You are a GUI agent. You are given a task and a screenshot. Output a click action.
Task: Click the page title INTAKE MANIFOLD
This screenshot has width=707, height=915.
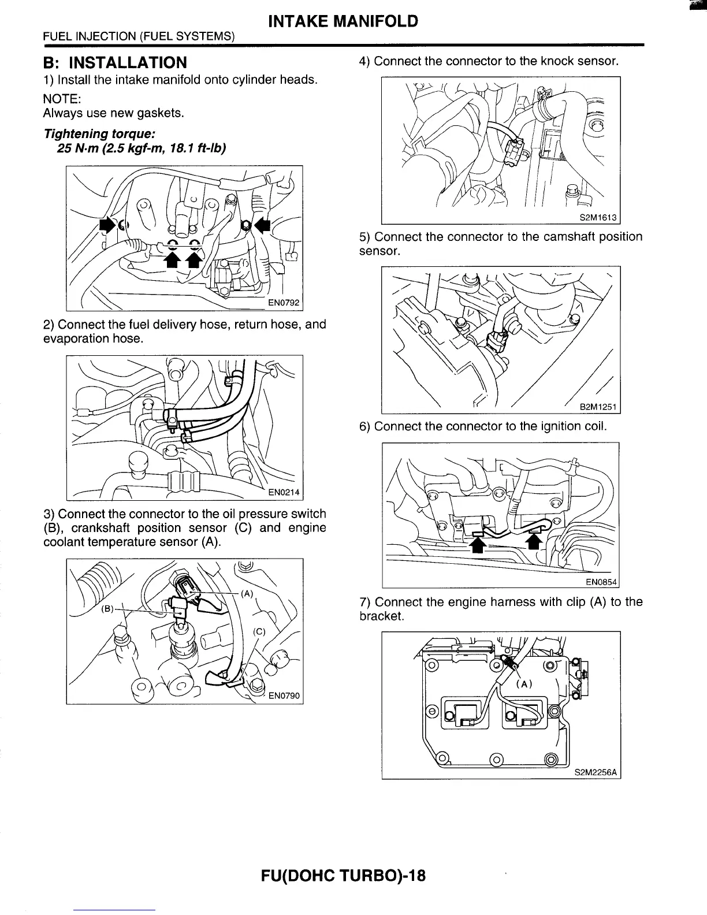point(343,22)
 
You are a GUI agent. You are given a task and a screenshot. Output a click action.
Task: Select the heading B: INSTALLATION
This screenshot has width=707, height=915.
point(115,62)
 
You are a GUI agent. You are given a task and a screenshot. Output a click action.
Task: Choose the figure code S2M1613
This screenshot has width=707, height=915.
point(598,218)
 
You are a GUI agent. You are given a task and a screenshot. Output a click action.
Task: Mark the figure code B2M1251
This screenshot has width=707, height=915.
point(598,407)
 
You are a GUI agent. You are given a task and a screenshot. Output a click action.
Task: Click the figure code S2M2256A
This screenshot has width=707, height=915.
point(596,772)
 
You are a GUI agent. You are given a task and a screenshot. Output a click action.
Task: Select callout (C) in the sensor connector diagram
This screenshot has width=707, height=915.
point(259,631)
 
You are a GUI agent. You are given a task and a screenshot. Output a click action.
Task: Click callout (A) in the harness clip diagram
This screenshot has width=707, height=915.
point(523,684)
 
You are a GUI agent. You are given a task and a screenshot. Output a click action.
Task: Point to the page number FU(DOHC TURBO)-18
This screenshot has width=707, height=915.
point(343,876)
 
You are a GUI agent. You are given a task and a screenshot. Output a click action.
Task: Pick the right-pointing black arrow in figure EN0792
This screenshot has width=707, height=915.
point(106,225)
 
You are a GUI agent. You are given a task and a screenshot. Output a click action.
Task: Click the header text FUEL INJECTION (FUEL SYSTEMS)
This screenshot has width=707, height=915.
point(139,36)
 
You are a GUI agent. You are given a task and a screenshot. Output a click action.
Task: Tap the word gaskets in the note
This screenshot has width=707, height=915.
point(163,113)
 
